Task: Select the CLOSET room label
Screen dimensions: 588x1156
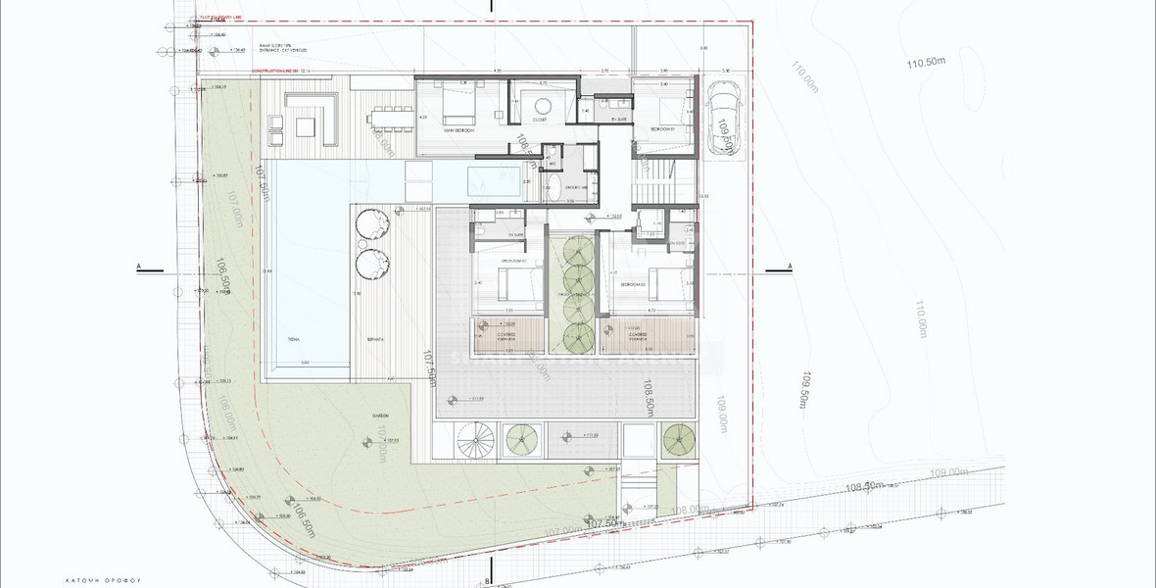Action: [x=539, y=120]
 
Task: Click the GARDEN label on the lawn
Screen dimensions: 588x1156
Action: [x=381, y=415]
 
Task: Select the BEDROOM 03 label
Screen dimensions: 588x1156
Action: [x=633, y=284]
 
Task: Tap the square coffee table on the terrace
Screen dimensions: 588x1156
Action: [x=303, y=125]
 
